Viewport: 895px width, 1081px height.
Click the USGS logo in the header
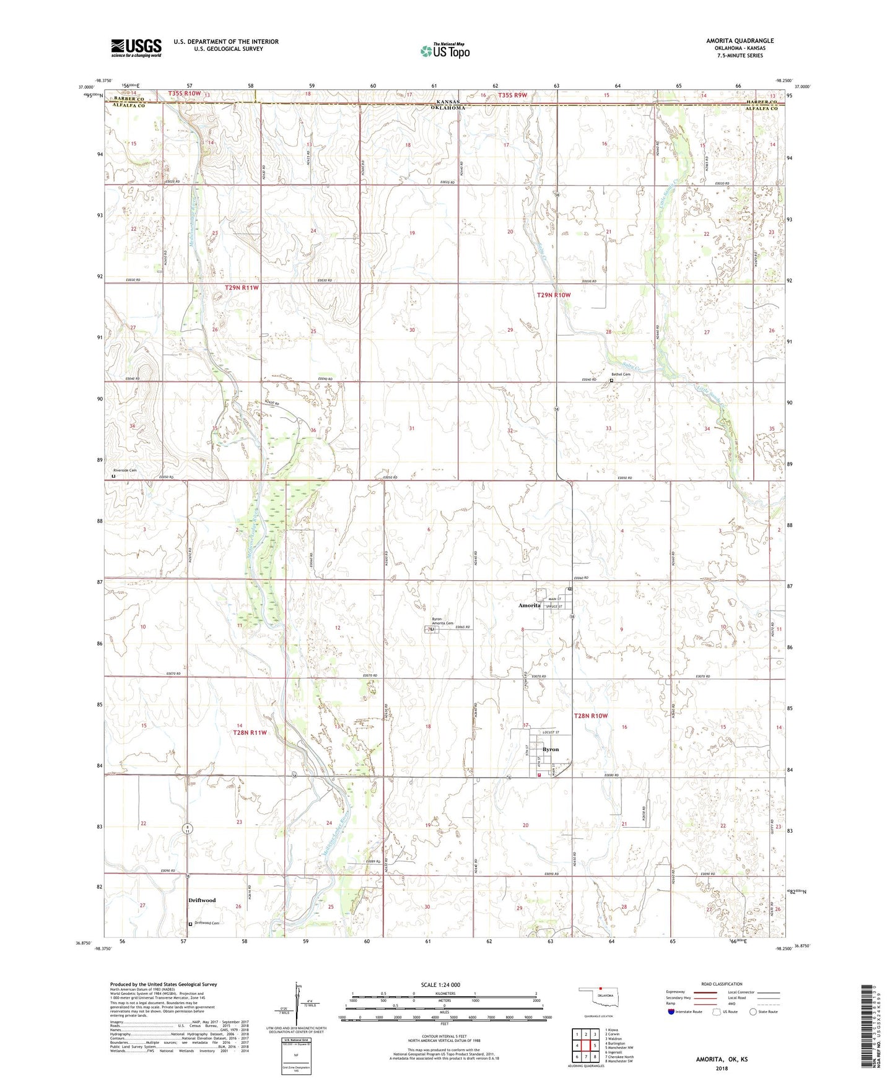click(136, 48)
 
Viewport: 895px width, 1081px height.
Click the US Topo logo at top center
click(445, 51)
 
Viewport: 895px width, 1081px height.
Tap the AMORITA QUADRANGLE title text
click(740, 41)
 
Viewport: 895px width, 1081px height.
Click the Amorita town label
click(530, 606)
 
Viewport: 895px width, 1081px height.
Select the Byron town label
click(550, 749)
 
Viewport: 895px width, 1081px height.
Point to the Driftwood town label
click(202, 900)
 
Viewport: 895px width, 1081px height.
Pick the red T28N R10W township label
click(590, 716)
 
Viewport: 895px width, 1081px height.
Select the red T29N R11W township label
click(242, 288)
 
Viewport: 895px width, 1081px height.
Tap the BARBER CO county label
click(128, 99)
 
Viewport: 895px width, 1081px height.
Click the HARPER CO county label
click(762, 102)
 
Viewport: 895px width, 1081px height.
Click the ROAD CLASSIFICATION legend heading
click(722, 984)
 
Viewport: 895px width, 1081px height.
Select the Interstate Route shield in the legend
click(671, 1012)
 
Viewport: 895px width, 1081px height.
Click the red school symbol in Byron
click(539, 774)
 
